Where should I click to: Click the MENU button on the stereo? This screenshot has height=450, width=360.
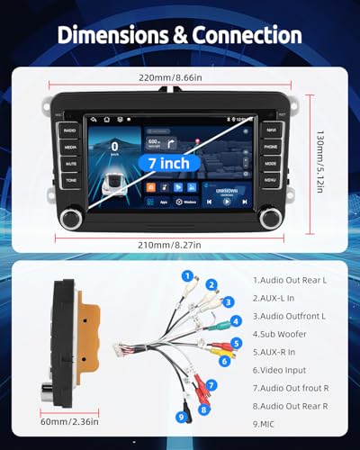[x=270, y=180]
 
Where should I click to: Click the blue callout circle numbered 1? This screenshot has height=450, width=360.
[x=186, y=276]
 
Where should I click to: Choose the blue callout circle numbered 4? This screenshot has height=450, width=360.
[x=236, y=320]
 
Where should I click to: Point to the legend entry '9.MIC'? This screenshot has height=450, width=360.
[x=266, y=423]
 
